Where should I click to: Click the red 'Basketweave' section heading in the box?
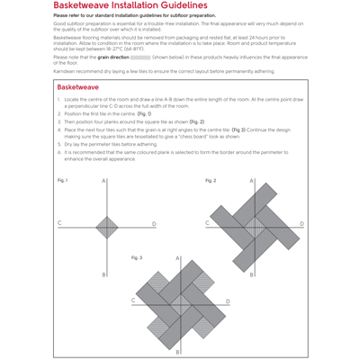(x=78, y=87)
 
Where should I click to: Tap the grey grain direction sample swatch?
(x=140, y=57)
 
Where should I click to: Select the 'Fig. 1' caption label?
(x=63, y=180)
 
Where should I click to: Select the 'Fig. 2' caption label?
(x=211, y=180)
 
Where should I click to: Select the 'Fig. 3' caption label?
(x=137, y=257)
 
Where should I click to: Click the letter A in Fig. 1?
(x=103, y=182)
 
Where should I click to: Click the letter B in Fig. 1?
(x=103, y=274)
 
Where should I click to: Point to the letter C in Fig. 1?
(x=60, y=222)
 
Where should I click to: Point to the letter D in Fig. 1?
(x=154, y=224)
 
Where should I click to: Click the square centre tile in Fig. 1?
(x=106, y=227)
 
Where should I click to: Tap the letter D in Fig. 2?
(x=301, y=224)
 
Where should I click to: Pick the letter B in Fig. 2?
(x=251, y=274)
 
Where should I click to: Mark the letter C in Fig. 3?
(x=134, y=300)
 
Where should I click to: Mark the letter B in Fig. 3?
(x=177, y=352)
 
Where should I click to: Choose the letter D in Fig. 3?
(x=228, y=301)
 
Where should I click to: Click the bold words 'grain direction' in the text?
(x=113, y=57)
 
